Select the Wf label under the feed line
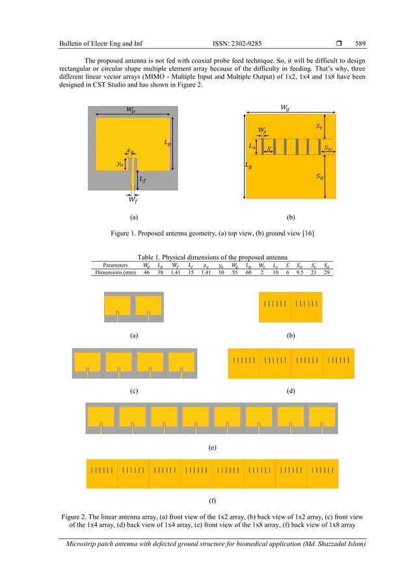(132, 199)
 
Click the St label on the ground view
(319, 129)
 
